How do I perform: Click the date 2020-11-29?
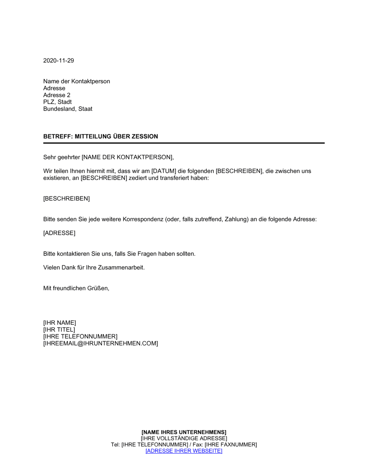[x=59, y=61]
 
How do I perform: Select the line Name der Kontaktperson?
[x=77, y=81]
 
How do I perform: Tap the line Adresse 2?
[x=57, y=95]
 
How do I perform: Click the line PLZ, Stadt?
[x=57, y=102]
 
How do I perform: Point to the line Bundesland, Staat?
[x=68, y=109]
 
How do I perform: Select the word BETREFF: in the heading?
[x=58, y=137]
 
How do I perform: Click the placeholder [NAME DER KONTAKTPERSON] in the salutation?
[x=127, y=158]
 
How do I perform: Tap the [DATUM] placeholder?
[x=164, y=171]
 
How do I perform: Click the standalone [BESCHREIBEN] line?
[x=67, y=199]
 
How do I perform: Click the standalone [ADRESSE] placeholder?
[x=59, y=233]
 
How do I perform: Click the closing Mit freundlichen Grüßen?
[x=76, y=288]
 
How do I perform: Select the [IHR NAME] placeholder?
[x=60, y=323]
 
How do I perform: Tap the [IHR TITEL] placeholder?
[x=59, y=330]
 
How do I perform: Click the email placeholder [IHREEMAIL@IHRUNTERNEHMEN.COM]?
[x=100, y=344]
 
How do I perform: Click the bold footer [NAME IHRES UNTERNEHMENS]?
[x=184, y=432]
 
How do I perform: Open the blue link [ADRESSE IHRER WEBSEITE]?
[x=184, y=451]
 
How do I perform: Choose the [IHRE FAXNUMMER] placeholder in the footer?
[x=231, y=445]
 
